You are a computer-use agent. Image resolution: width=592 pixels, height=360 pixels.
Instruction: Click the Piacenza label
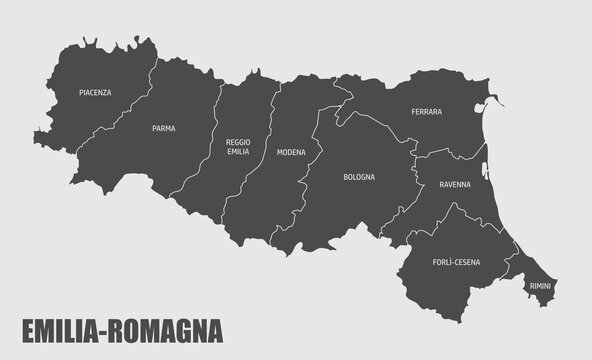(x=95, y=92)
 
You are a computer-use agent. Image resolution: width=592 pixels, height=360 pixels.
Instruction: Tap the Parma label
(x=164, y=128)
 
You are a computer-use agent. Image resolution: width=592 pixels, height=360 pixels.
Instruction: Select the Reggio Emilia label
(x=238, y=147)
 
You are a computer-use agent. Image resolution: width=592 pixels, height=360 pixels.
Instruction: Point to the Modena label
(x=291, y=152)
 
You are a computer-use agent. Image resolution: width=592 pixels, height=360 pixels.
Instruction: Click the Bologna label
(x=359, y=177)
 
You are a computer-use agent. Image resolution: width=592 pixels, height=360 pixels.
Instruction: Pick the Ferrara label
(x=426, y=112)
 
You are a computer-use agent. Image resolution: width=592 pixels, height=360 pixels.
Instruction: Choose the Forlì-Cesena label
(x=456, y=262)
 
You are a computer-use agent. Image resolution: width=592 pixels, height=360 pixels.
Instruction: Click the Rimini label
(x=540, y=286)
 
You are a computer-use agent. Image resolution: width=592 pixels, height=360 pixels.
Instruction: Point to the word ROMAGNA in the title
(x=169, y=330)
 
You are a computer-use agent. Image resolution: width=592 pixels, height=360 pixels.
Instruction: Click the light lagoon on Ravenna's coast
(x=484, y=160)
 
